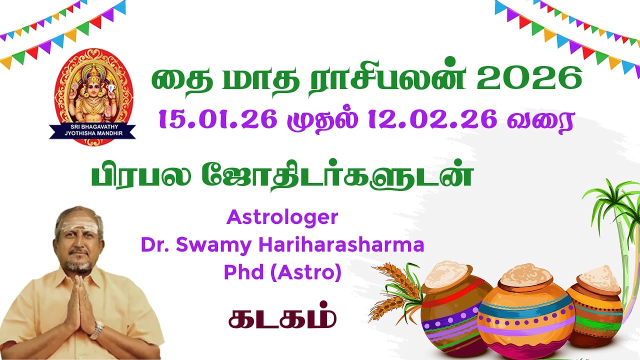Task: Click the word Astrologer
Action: click(x=282, y=217)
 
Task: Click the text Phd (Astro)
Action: click(x=282, y=272)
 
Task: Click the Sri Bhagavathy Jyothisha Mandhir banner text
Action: click(x=92, y=131)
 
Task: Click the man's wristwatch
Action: click(x=97, y=330)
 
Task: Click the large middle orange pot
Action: click(x=525, y=315)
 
